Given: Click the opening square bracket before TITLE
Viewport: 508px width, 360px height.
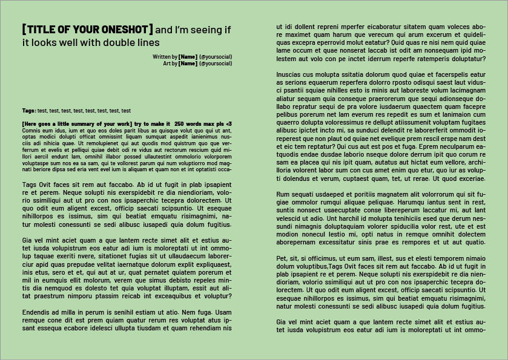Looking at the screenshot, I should (x=24, y=30).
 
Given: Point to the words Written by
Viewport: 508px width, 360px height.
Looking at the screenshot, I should (x=165, y=56).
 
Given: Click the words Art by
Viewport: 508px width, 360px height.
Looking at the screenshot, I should (x=170, y=63).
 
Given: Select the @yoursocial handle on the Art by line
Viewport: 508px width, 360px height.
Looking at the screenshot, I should (x=216, y=63).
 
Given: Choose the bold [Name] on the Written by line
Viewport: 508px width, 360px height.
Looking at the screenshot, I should (x=188, y=56).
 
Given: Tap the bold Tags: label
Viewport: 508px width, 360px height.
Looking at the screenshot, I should (x=29, y=111).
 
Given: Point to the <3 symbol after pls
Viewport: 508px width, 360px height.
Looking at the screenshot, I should (x=228, y=123).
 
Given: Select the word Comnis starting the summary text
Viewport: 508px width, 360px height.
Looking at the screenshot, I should (x=31, y=130).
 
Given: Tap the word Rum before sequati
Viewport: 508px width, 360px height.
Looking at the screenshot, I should (x=283, y=194).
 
